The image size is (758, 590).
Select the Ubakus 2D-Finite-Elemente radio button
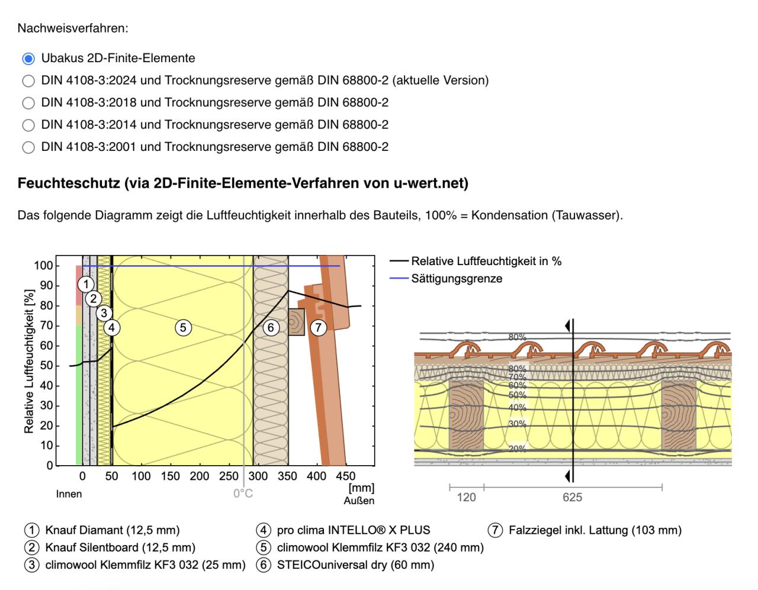coord(28,59)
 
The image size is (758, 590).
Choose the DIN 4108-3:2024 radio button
coord(28,80)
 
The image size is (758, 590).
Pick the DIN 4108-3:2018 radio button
coord(28,103)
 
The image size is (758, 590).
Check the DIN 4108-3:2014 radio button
coord(28,125)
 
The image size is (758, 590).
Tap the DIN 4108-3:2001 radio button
coord(28,147)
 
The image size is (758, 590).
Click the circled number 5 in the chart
coord(183,327)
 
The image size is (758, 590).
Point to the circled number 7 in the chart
coord(319,327)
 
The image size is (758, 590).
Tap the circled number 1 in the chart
coord(86,284)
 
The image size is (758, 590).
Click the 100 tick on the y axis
coord(43,266)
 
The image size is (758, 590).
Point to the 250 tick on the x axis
coord(229,476)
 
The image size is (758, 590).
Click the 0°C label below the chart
coord(243,494)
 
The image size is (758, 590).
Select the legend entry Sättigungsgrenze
coord(457,279)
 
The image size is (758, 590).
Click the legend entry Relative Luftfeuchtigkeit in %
coord(486,261)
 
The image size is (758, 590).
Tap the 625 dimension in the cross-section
coord(572,497)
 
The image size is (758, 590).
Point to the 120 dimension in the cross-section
coord(466,497)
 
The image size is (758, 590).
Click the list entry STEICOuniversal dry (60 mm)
coord(355,565)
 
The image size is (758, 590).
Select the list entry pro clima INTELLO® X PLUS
coord(354,530)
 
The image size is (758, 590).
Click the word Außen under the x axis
coord(359,501)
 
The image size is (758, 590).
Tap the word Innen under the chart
coord(69,494)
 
